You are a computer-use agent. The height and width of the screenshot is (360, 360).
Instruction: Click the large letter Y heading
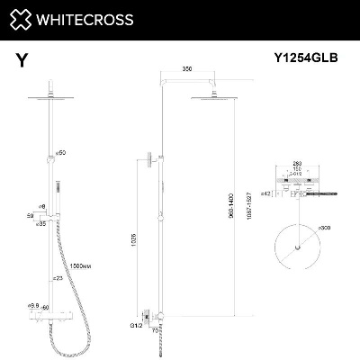pos(21,61)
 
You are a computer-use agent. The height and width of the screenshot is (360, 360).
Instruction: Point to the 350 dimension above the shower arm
pos(187,68)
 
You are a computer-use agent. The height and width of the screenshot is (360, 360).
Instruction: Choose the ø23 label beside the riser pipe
pos(57,279)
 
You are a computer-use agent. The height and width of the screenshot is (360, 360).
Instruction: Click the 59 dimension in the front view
pos(30,216)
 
